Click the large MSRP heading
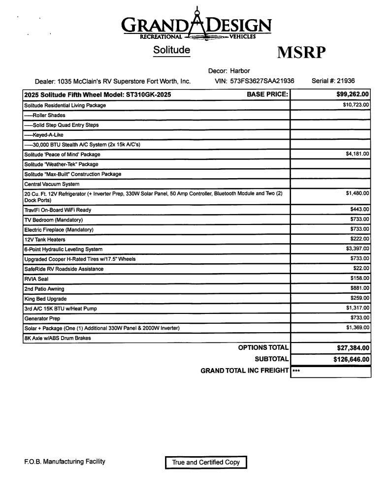[301, 52]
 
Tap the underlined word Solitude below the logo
[171, 50]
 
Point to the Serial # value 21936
[346, 81]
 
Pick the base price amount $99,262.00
[353, 94]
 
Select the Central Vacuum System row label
[52, 184]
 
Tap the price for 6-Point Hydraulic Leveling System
[357, 249]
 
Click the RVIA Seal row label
[36, 279]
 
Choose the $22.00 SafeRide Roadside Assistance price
[361, 268]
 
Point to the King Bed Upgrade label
[45, 299]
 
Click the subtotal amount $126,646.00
[351, 359]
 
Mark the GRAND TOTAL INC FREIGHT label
[244, 371]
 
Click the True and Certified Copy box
[205, 463]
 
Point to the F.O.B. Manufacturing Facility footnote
[65, 462]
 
